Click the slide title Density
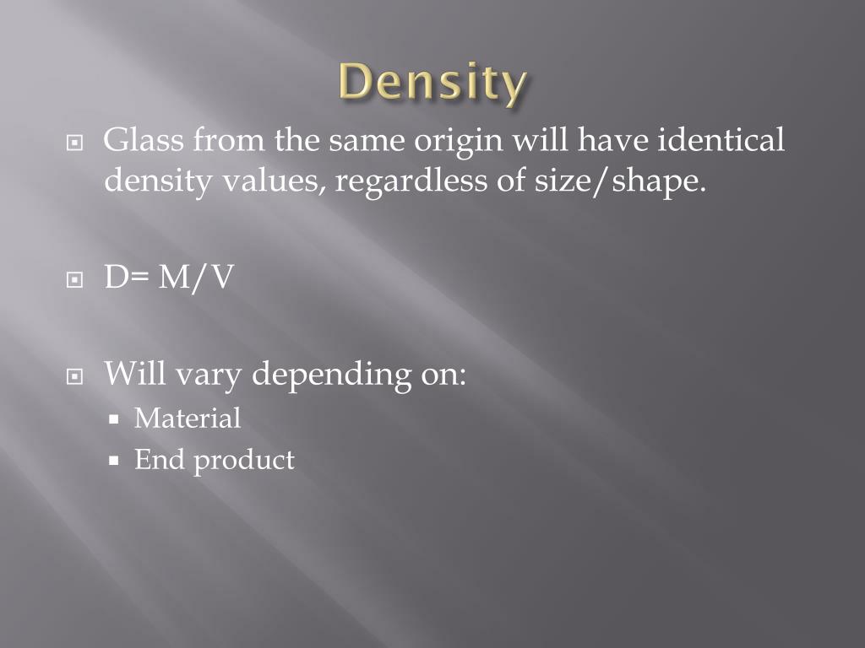point(432,84)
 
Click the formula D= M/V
point(168,278)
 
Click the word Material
point(188,418)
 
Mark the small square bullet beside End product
point(116,462)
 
